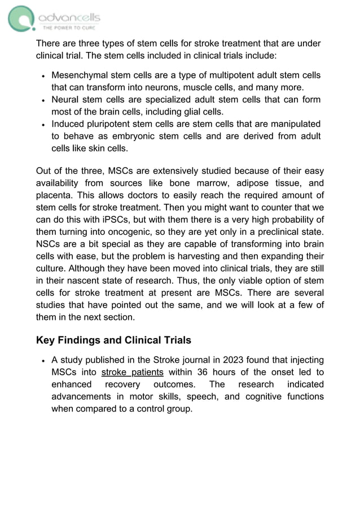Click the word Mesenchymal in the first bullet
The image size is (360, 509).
[x=78, y=75]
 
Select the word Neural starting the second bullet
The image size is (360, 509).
[x=65, y=99]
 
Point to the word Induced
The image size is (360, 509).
[x=69, y=124]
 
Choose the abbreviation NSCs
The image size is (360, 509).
[x=48, y=244]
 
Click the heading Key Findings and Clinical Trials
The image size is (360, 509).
[x=113, y=340]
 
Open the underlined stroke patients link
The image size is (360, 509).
[x=132, y=372]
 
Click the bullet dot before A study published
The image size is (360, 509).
[x=43, y=360]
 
